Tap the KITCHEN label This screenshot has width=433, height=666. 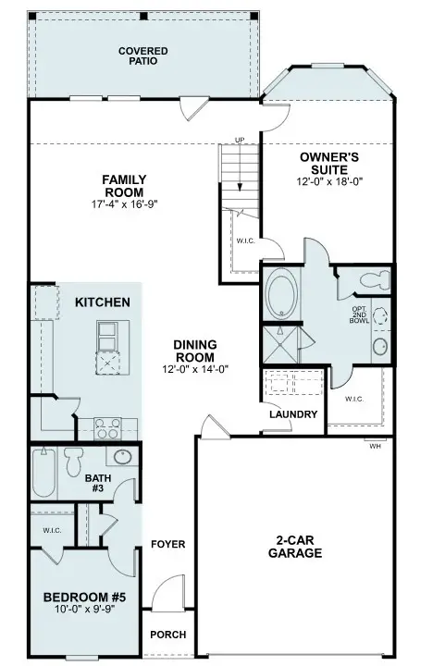[102, 302]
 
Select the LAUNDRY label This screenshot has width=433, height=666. [293, 414]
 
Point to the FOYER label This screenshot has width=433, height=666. [168, 544]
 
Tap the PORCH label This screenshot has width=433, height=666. [167, 635]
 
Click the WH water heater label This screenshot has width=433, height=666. [374, 446]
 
